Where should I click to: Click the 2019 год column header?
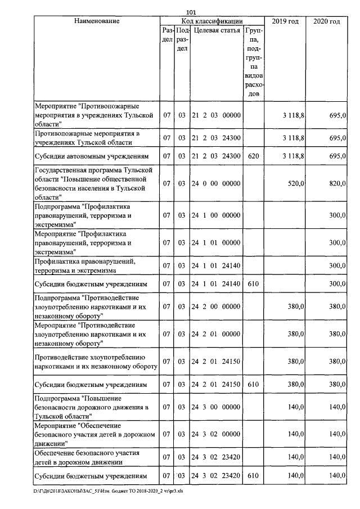click(285, 21)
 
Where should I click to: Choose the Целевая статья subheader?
click(217, 30)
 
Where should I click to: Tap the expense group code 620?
click(253, 156)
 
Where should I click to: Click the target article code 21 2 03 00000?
click(217, 115)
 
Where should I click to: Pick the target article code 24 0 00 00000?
click(217, 183)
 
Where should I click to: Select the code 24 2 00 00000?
click(217, 307)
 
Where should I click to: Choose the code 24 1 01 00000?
click(217, 242)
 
